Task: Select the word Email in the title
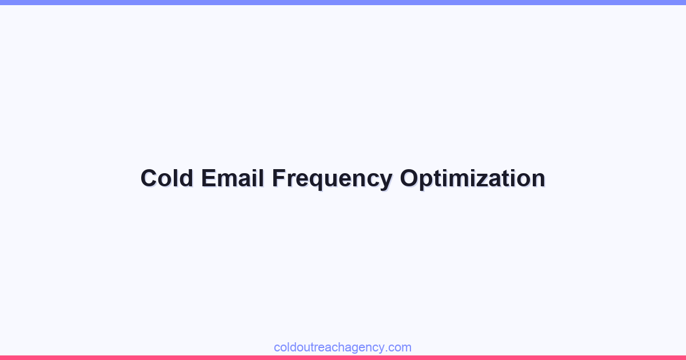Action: (232, 178)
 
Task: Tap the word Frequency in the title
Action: (332, 178)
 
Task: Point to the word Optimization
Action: (472, 178)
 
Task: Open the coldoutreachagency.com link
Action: (342, 347)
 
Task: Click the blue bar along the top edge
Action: (343, 2)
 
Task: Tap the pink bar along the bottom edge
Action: (343, 358)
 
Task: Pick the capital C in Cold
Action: (149, 178)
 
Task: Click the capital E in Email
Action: (208, 178)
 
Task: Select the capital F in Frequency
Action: (278, 178)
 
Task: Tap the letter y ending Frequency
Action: (386, 181)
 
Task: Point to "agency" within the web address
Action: (368, 348)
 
